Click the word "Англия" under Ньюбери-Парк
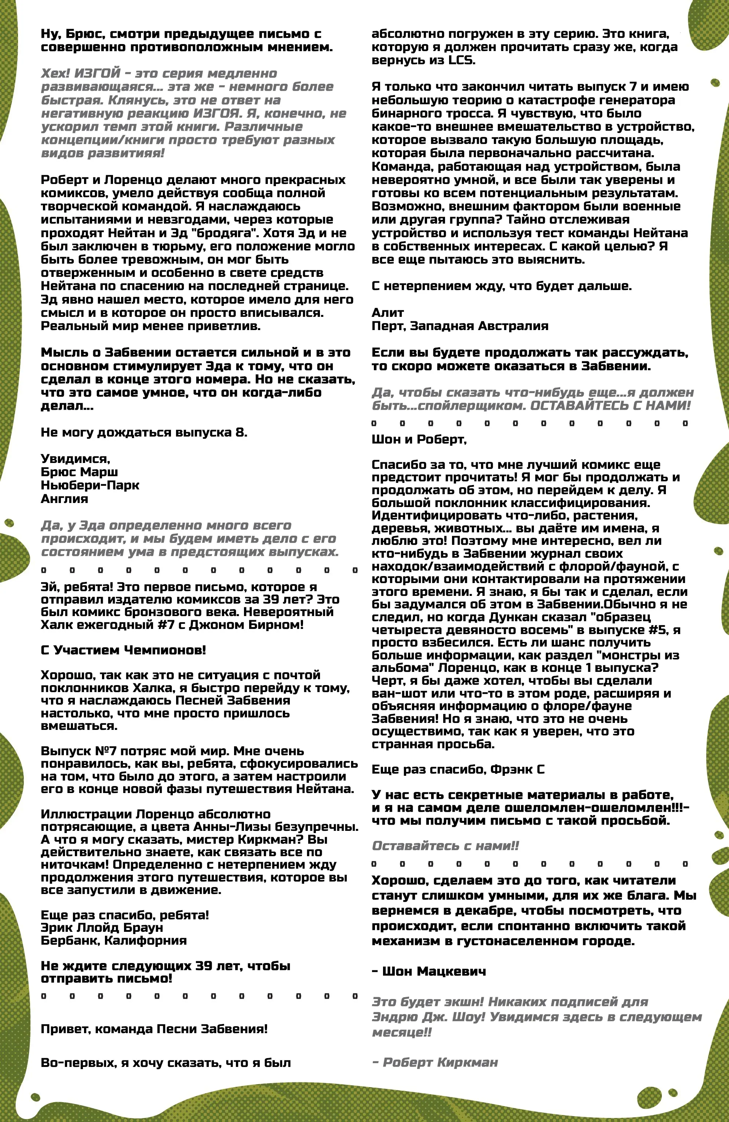(x=65, y=499)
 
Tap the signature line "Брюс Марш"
(x=79, y=472)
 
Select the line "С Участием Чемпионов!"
(x=124, y=650)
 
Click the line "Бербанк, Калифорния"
(x=114, y=941)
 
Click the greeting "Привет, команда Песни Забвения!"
(x=154, y=1029)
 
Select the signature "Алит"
(x=388, y=312)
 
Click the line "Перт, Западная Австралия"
(x=460, y=326)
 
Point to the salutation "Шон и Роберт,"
(x=419, y=439)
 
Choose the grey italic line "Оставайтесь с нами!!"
(x=445, y=846)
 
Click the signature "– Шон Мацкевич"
(x=429, y=971)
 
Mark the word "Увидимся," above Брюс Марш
(x=76, y=459)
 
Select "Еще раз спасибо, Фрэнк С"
(x=458, y=770)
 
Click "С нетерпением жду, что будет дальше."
(x=502, y=286)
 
